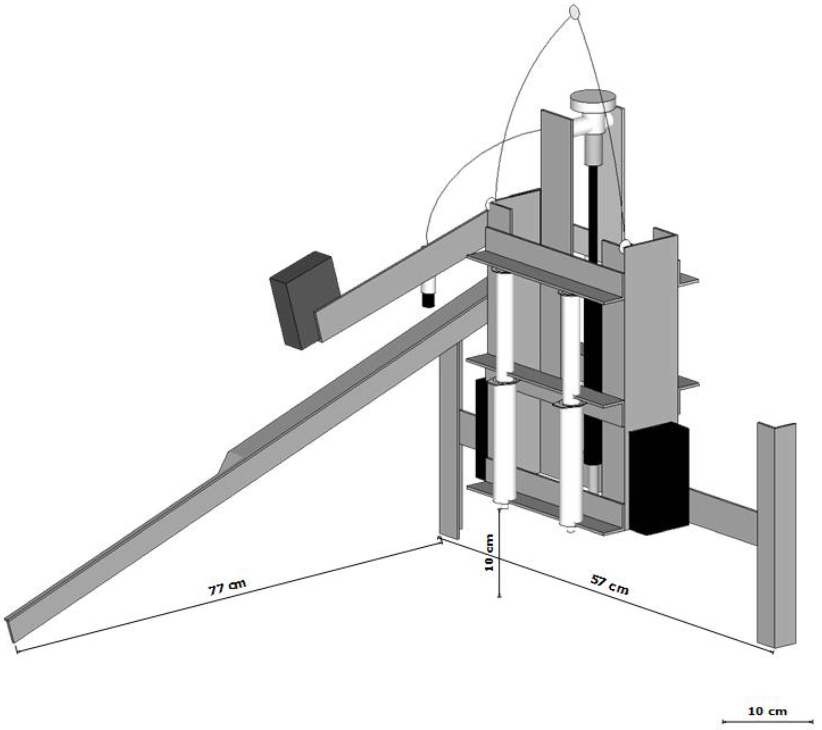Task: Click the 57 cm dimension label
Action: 609,584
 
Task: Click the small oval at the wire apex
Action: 574,12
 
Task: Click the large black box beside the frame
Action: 659,479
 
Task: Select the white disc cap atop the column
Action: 593,100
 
